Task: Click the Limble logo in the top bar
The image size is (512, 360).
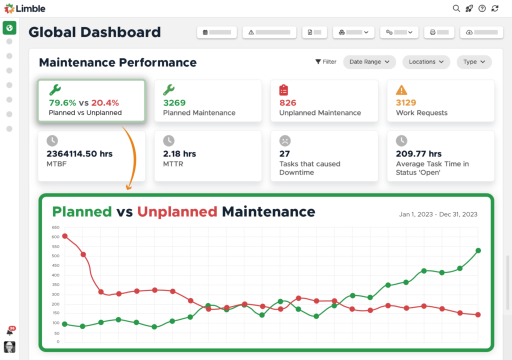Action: (x=25, y=8)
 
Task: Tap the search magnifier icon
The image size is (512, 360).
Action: (x=456, y=8)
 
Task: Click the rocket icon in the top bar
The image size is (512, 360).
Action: (x=469, y=8)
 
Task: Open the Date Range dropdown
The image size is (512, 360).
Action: (x=369, y=62)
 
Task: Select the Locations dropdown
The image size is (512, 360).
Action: (x=426, y=62)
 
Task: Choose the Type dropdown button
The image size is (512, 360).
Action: (x=474, y=62)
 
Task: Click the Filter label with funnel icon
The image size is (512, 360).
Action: (x=326, y=62)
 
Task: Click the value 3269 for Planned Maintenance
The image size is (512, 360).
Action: (x=174, y=103)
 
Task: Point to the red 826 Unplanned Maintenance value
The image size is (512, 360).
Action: (x=288, y=103)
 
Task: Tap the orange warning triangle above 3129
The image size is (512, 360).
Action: (x=401, y=90)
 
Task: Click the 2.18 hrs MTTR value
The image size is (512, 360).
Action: (x=179, y=154)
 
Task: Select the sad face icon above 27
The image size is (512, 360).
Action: (x=285, y=141)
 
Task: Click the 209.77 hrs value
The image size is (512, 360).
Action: (x=418, y=154)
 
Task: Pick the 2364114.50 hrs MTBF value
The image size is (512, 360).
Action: (x=79, y=154)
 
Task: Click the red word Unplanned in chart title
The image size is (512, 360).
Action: (x=177, y=211)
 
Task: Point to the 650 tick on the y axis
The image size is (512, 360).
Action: (x=55, y=227)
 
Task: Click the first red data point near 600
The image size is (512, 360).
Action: (x=64, y=236)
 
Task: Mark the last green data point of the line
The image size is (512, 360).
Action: (x=478, y=250)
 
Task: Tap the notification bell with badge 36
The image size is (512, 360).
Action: (x=9, y=331)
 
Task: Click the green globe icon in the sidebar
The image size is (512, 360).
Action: (x=9, y=27)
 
